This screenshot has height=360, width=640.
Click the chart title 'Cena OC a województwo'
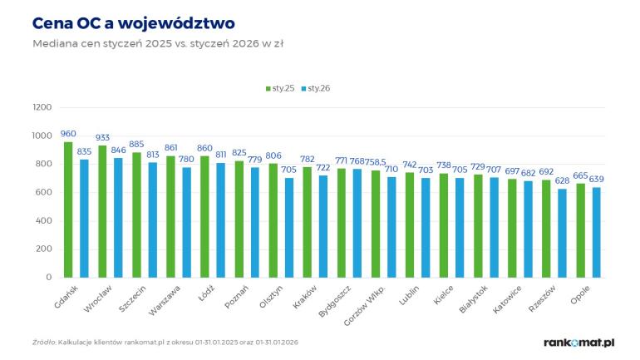pos(133,22)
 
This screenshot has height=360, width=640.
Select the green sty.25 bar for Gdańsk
pos(68,210)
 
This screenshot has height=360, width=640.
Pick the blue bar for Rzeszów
pos(562,233)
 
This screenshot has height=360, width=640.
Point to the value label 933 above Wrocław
pos(102,138)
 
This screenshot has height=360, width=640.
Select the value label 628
pos(563,181)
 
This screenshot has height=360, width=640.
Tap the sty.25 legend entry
pos(279,87)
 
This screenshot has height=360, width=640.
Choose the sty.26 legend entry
pos(315,87)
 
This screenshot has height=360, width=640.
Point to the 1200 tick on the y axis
pos(42,107)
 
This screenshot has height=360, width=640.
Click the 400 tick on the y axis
pos(45,220)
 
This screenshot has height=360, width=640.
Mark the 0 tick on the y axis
pos(49,277)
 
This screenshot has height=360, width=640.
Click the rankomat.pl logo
pos(578,342)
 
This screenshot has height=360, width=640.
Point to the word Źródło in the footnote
pos(43,342)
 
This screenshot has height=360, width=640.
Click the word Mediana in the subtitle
pos(53,43)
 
